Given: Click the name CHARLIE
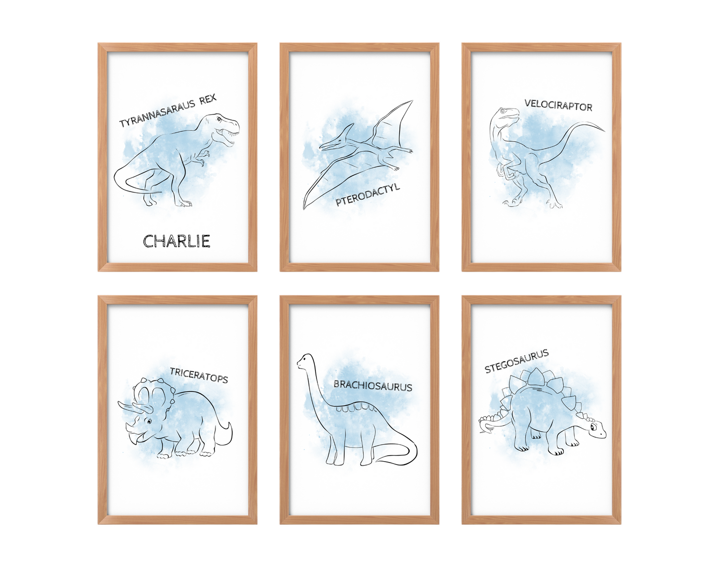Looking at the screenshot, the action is pyautogui.click(x=177, y=241).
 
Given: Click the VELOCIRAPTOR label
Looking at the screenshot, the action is pyautogui.click(x=558, y=105).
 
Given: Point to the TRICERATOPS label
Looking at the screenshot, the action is pyautogui.click(x=199, y=375).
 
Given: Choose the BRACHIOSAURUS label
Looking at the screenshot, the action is pyautogui.click(x=373, y=386).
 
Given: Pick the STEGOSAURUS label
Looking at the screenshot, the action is pyautogui.click(x=516, y=361).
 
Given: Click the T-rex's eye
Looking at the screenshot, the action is pyautogui.click(x=219, y=118).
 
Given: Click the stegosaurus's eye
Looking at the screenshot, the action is pyautogui.click(x=593, y=427).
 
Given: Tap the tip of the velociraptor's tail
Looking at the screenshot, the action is pyautogui.click(x=605, y=131).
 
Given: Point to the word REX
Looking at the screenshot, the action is pyautogui.click(x=208, y=100).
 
